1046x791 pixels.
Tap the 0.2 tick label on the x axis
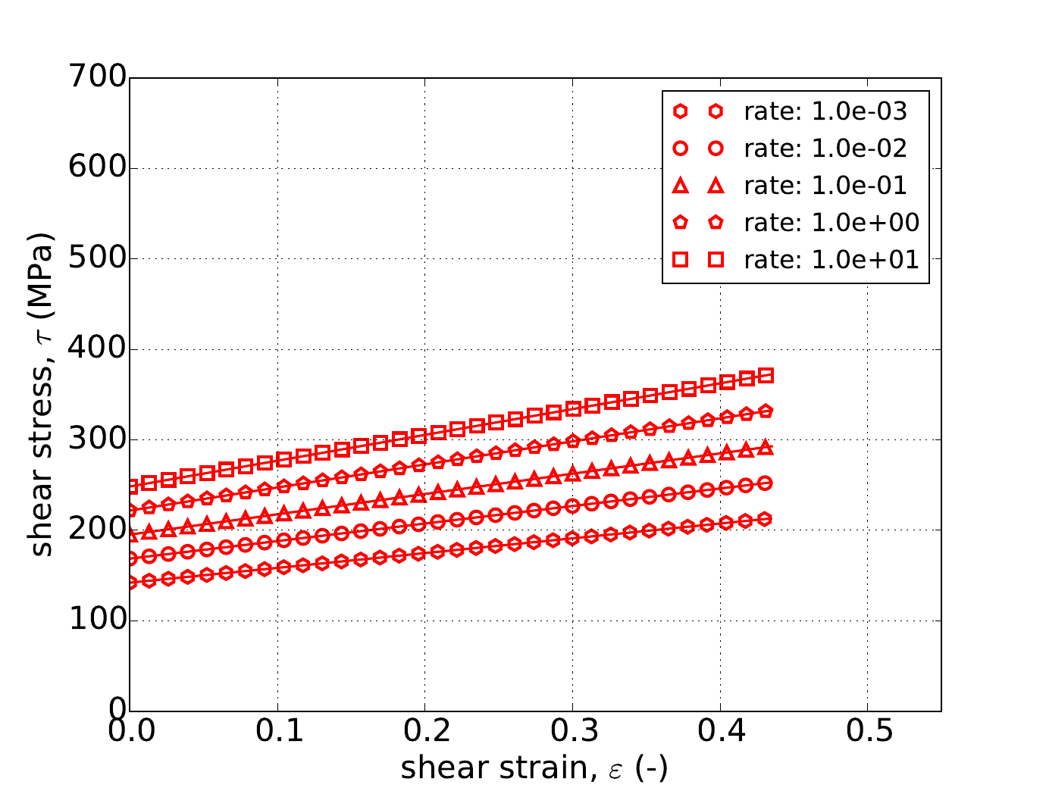pos(424,733)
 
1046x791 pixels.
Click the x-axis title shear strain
pos(534,768)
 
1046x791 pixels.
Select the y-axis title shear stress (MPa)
pos(42,394)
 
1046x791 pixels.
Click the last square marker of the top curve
pos(766,375)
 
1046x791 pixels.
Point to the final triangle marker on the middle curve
pos(766,447)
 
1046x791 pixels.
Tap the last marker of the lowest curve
pos(766,519)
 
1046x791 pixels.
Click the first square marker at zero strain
pos(131,486)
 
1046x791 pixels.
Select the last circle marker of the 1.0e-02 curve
pos(766,483)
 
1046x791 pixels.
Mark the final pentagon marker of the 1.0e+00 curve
pos(766,411)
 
